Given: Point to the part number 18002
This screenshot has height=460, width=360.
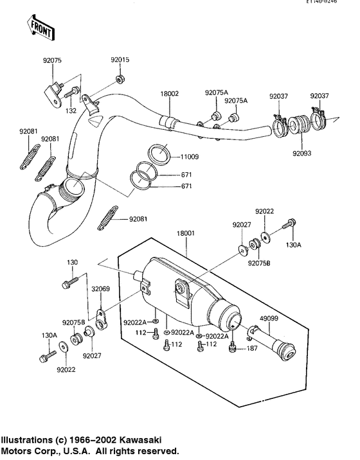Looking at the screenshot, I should pos(170,93).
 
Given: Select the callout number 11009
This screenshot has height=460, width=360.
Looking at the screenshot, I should pos(190,156).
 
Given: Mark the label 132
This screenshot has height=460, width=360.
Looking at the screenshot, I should pos(71,111).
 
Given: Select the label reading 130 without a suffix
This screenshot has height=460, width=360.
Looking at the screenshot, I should pos(72,262).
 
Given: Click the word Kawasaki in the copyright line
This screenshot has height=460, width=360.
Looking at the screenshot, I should pos(138,440).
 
